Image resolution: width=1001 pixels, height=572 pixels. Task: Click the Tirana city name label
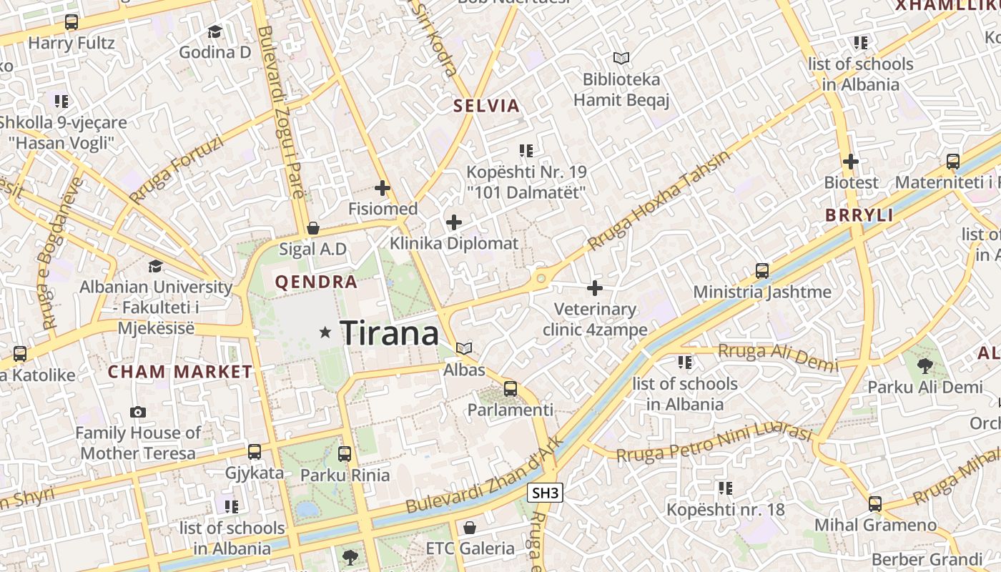click(389, 333)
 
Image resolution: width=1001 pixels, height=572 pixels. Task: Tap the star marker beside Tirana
click(325, 332)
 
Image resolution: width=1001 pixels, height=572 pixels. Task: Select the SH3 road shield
click(545, 493)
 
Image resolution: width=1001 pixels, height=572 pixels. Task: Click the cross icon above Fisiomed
click(383, 188)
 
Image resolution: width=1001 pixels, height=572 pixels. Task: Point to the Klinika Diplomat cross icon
click(453, 222)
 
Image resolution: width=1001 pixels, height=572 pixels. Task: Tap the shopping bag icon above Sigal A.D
click(312, 229)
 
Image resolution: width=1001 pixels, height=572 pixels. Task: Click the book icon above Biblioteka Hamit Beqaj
click(621, 58)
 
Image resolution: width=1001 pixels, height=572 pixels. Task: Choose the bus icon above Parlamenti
click(510, 389)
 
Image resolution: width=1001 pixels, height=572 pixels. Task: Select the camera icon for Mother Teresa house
click(138, 412)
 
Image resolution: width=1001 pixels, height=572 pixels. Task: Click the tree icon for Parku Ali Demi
click(924, 366)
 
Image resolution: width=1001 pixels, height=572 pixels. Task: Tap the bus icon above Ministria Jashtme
click(762, 271)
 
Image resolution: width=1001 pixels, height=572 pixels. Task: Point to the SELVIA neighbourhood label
click(486, 107)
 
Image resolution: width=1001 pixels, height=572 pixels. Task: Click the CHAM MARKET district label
click(180, 372)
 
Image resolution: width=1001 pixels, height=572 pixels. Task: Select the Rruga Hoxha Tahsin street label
click(659, 200)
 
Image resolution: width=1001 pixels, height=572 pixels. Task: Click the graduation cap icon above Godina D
click(214, 31)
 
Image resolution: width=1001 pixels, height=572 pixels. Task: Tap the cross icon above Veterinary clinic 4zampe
click(594, 288)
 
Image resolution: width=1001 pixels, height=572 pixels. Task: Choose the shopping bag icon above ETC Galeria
click(470, 528)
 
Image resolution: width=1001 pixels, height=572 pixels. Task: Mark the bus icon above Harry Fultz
click(71, 22)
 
